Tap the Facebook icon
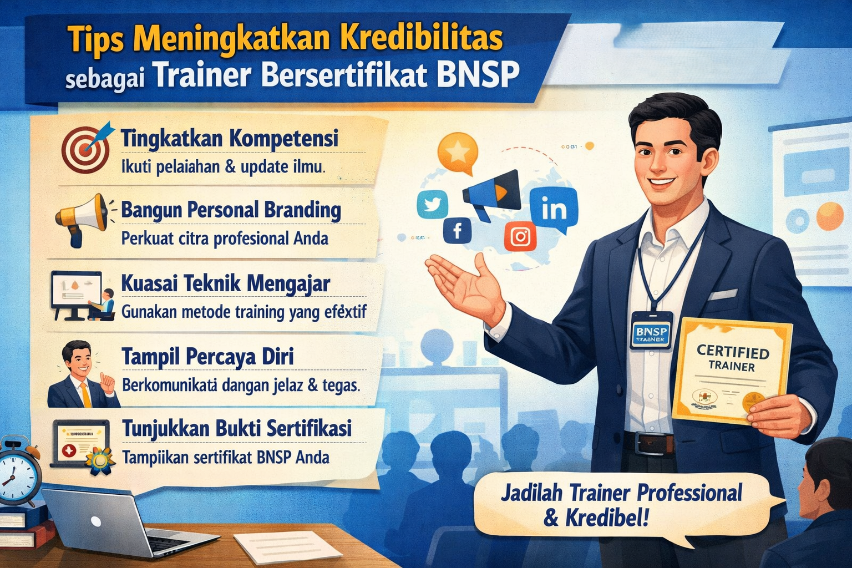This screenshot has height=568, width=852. [x=458, y=230]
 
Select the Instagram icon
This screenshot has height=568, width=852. [x=520, y=237]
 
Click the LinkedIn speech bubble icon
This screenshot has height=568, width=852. [x=554, y=210]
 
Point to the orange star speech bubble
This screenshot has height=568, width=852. [x=458, y=151]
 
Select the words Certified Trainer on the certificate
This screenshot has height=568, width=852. [x=732, y=358]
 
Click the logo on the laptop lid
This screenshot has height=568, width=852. [x=96, y=521]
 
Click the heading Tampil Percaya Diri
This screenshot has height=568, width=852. [x=207, y=357]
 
